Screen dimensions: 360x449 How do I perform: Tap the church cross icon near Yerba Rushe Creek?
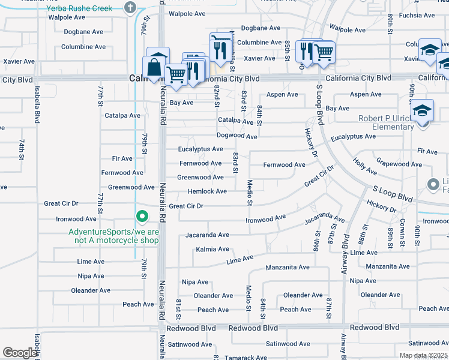point(130,8)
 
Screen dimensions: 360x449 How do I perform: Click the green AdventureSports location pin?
point(142,216)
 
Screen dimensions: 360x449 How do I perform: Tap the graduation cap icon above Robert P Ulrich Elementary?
point(423,111)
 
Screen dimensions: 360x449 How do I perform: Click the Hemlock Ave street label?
point(207,191)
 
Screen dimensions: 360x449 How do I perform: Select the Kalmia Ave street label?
point(212,249)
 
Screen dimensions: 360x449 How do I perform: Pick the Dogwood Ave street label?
point(237,136)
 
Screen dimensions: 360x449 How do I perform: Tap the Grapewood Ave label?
point(399,164)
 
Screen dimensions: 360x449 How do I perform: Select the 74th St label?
point(20,148)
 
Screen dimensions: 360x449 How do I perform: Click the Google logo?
point(20,353)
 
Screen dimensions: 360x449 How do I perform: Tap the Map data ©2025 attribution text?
point(423,355)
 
